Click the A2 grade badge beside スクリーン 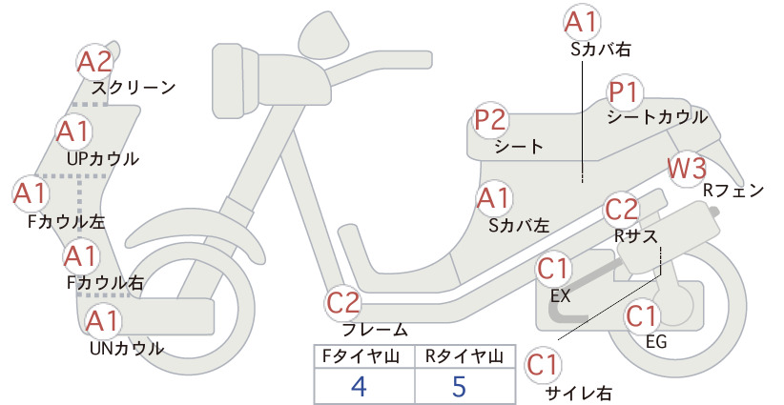(x=95, y=62)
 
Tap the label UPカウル (x=103, y=159)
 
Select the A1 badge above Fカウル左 (x=30, y=193)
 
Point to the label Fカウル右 (x=105, y=283)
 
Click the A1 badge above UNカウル (x=102, y=320)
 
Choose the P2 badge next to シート (x=491, y=120)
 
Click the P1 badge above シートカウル (x=625, y=92)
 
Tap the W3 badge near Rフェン (x=687, y=169)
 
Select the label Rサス (x=635, y=235)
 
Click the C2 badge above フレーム (x=343, y=303)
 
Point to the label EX (x=560, y=296)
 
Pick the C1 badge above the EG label (x=642, y=315)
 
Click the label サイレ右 (x=579, y=394)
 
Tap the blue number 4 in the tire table (x=359, y=386)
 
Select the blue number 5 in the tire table (x=459, y=386)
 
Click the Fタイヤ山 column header (x=361, y=356)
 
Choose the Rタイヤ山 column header (x=464, y=356)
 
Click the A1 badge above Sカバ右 (x=582, y=23)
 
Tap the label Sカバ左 (x=519, y=226)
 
